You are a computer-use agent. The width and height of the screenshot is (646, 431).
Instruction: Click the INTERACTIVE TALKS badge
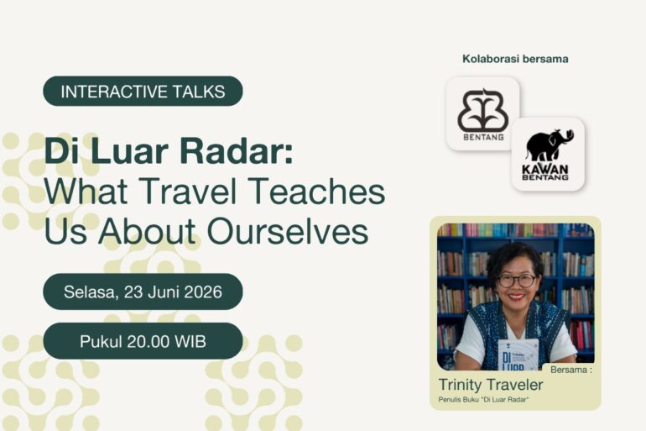[143, 91]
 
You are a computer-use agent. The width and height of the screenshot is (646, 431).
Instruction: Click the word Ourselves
[288, 231]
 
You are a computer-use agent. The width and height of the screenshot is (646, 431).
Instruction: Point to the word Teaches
[317, 192]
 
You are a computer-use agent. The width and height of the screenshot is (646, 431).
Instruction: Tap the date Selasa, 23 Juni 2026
[143, 292]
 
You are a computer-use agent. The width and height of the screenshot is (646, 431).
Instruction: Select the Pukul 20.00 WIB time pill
[143, 341]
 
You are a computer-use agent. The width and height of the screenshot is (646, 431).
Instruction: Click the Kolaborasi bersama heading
[515, 59]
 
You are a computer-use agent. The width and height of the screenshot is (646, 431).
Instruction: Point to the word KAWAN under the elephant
[545, 169]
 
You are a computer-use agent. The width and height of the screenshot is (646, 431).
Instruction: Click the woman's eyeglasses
[517, 281]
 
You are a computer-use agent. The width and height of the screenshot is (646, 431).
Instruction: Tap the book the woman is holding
[518, 355]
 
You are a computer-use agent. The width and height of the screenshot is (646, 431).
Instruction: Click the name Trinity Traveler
[491, 385]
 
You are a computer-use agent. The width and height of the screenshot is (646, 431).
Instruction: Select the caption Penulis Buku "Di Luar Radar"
[484, 400]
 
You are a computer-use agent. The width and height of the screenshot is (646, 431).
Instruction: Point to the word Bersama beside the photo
[569, 370]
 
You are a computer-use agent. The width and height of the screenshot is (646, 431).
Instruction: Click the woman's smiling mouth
[516, 297]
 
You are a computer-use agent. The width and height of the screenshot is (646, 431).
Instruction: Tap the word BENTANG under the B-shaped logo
[483, 137]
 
